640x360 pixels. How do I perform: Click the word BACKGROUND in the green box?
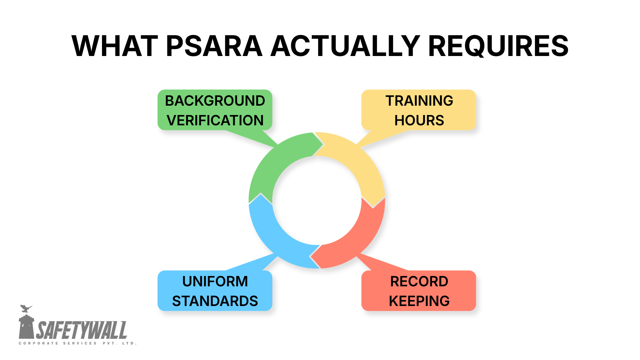pyautogui.click(x=215, y=101)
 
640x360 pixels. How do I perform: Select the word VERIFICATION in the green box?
pyautogui.click(x=215, y=120)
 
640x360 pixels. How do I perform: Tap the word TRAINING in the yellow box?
pyautogui.click(x=419, y=101)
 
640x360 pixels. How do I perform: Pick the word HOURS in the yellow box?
pyautogui.click(x=419, y=120)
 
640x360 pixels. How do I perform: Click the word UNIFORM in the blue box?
pyautogui.click(x=215, y=281)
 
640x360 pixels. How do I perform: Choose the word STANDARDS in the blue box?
pyautogui.click(x=215, y=301)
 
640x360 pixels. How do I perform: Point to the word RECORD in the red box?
pyautogui.click(x=419, y=281)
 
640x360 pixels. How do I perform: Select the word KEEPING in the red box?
pyautogui.click(x=419, y=301)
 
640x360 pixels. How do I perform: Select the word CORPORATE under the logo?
pyautogui.click(x=38, y=343)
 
